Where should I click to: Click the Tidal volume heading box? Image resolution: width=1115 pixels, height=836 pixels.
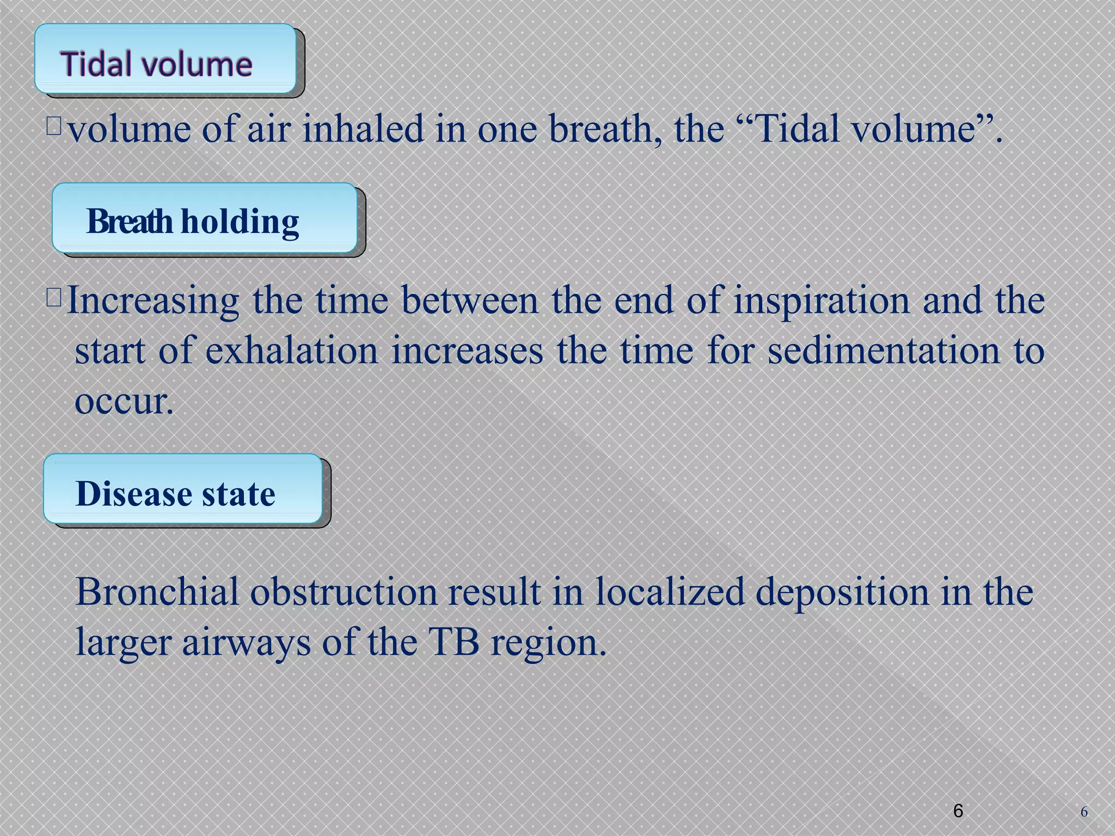coord(166,59)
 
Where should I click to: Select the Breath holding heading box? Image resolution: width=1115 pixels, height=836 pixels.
coord(205,218)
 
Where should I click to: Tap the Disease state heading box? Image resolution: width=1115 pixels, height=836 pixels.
coord(183,489)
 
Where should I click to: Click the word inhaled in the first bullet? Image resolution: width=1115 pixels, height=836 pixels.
coord(363,130)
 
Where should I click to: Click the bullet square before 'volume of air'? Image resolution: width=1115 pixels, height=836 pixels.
coord(54,126)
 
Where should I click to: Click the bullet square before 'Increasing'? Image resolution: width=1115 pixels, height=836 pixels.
coord(54,297)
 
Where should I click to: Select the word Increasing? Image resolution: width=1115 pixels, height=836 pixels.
coord(153,301)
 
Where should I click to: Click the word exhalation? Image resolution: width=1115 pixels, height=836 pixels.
coord(292,351)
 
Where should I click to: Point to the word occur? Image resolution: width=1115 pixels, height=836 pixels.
coord(124,402)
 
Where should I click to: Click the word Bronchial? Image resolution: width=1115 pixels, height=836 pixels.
coord(157,592)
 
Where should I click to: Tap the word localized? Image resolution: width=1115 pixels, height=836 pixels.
coord(670,592)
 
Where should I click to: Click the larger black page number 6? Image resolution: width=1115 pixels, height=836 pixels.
coord(958,810)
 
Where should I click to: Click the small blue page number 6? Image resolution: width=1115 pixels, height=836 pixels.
coord(1084,812)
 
